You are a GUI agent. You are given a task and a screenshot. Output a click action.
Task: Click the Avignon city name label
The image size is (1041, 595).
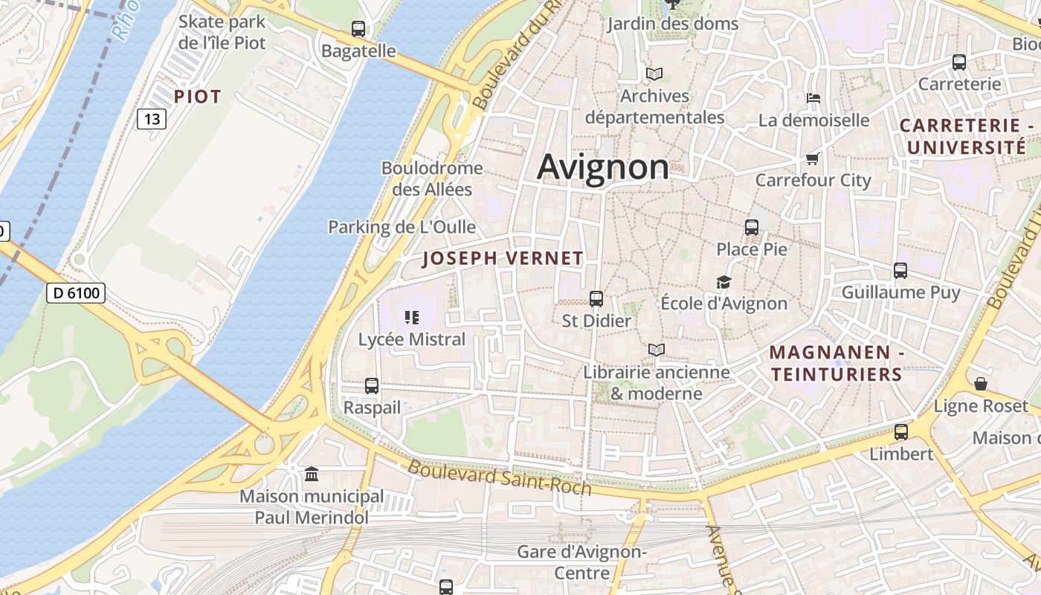coord(603,167)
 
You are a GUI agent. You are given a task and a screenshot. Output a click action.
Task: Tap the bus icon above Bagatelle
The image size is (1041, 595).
coord(358,29)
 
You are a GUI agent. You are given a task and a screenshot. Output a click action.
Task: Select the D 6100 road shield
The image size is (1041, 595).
coord(77,293)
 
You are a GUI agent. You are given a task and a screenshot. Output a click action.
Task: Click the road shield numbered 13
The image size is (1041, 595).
coord(152,119)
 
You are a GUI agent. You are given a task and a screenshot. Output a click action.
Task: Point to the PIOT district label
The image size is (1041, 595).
coord(198,97)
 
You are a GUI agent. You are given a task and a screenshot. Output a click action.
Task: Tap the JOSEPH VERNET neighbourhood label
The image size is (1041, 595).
coord(503,259)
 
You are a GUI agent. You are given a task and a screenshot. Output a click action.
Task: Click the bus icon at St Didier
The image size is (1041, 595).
coord(596,299)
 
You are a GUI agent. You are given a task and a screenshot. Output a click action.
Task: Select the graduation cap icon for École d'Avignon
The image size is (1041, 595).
coord(723,282)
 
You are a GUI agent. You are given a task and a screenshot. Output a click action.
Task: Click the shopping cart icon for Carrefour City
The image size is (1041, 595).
coord(812,158)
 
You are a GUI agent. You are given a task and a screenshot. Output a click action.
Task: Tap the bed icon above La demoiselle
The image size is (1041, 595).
coord(813,98)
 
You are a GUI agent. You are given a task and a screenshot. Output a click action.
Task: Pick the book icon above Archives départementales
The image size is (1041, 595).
coord(654,74)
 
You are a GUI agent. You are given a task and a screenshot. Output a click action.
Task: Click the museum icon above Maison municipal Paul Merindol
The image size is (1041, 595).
coord(312,474)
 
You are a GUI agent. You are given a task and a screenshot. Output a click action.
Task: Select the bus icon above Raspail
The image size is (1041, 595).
coord(372,386)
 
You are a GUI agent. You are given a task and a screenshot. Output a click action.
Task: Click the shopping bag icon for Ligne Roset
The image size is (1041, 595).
coord(981,384)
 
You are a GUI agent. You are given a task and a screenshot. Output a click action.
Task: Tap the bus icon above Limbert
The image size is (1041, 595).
coord(901,432)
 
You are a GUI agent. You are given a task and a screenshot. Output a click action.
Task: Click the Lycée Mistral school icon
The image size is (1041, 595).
coord(412,318)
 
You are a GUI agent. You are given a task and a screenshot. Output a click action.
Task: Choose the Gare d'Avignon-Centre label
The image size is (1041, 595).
coord(582,562)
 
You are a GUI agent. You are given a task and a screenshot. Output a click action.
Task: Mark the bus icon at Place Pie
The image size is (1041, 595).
coord(752,228)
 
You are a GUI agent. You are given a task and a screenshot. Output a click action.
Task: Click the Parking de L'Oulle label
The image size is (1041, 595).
coord(402,227)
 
